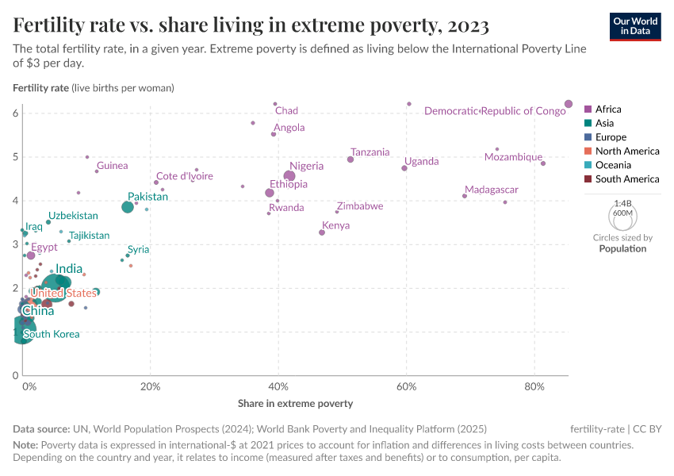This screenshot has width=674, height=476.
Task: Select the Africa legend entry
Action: coord(607,109)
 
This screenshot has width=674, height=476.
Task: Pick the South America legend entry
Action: coord(621,179)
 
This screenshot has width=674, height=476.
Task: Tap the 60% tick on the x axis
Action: coord(406,387)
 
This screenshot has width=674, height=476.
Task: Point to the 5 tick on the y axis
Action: coord(15,157)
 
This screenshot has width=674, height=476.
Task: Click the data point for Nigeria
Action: coord(289,176)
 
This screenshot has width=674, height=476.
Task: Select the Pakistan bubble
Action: coord(128,207)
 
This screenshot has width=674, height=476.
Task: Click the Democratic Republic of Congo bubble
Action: coord(569,104)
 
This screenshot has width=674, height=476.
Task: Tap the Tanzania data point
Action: coord(350,159)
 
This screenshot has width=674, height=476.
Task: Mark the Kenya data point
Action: coord(322,232)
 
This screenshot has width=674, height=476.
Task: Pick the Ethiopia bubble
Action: coord(270,193)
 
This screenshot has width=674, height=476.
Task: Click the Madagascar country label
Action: coord(492,190)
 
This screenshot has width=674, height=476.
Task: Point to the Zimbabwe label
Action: coord(360,206)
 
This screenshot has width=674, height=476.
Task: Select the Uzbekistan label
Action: coord(73,216)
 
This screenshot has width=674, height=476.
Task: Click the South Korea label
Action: coord(52,334)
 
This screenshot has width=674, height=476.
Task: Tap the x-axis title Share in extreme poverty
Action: coord(295,404)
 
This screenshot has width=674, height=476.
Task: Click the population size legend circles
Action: coord(622,215)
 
